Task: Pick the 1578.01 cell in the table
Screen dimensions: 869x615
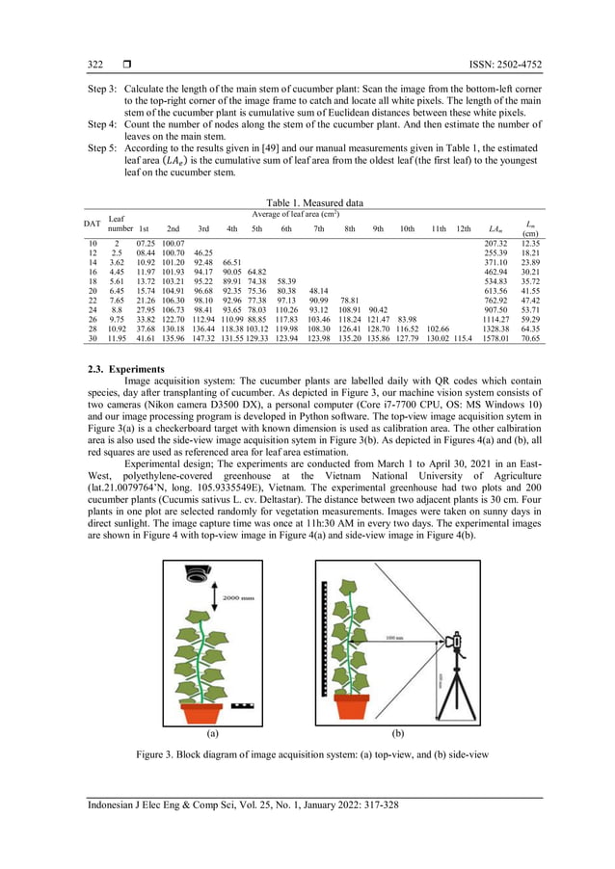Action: tap(495, 339)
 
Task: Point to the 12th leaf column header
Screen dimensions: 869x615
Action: tap(463, 228)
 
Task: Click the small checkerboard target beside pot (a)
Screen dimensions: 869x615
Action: tap(243, 706)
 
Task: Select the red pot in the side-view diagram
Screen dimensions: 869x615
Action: tap(357, 706)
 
